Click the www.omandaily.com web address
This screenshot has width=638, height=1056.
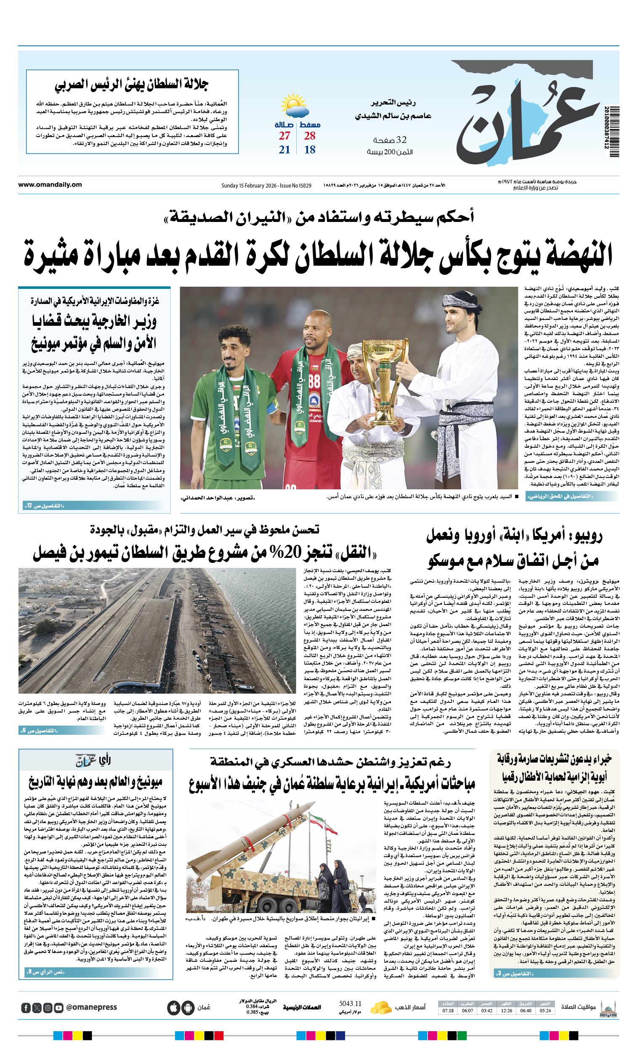50,185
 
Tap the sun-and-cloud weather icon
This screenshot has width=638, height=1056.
293,106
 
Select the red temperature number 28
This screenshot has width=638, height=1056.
310,136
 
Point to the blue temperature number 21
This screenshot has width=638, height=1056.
284,150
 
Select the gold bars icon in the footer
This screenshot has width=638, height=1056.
380,1008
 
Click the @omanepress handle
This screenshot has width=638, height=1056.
91,1008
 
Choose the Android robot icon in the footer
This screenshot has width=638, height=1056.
188,1008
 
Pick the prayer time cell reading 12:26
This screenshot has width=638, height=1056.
506,1011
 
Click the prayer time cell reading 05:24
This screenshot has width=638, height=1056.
545,1011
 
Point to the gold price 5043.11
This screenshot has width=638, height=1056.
350,1004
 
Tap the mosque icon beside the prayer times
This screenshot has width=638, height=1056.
608,1008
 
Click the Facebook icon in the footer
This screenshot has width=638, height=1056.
26,1008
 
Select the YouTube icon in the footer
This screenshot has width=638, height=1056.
59,1008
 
